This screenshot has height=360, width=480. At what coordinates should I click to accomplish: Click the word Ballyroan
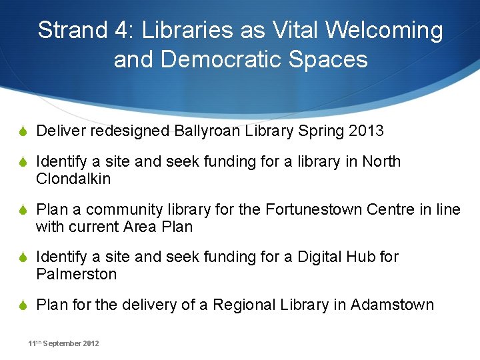click(x=206, y=131)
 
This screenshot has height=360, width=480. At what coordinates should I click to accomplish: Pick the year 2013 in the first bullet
click(x=366, y=131)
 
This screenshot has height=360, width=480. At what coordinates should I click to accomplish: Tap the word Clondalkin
click(x=73, y=179)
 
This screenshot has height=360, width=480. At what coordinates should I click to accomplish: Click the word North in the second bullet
click(x=381, y=161)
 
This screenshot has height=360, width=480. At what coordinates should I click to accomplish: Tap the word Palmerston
click(x=77, y=274)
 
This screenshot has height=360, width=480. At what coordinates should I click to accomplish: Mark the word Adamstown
click(x=392, y=305)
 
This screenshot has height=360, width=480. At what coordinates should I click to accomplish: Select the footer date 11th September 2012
click(x=63, y=343)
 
